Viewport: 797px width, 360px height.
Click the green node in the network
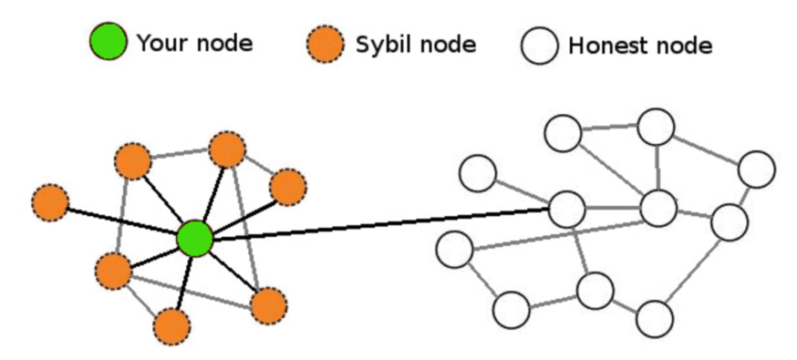pyautogui.click(x=194, y=239)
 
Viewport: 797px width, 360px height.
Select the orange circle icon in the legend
pyautogui.click(x=326, y=43)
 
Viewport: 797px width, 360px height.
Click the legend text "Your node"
pyautogui.click(x=193, y=43)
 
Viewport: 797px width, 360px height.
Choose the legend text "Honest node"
pyautogui.click(x=639, y=46)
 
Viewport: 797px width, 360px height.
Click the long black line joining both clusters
pyautogui.click(x=383, y=223)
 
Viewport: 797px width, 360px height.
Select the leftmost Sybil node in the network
pyautogui.click(x=50, y=202)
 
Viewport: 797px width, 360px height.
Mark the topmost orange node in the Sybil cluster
pyautogui.click(x=226, y=149)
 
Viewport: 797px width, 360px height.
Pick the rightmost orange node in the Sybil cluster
pyautogui.click(x=288, y=187)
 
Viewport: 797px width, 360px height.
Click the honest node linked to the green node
pyautogui.click(x=566, y=209)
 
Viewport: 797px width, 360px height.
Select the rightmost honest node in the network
pyautogui.click(x=756, y=169)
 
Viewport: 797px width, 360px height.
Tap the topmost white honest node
pyautogui.click(x=655, y=127)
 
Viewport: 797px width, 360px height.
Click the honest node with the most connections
pyautogui.click(x=657, y=208)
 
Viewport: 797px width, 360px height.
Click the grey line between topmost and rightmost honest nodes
pyautogui.click(x=706, y=148)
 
